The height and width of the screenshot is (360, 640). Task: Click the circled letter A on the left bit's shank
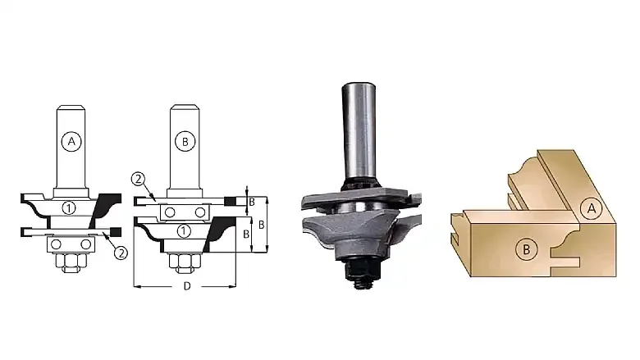pyautogui.click(x=71, y=142)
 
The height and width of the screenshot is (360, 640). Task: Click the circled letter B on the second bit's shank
pyautogui.click(x=185, y=142)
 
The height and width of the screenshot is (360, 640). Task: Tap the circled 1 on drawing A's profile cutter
pyautogui.click(x=69, y=208)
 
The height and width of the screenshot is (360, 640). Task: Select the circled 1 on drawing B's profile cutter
pyautogui.click(x=184, y=231)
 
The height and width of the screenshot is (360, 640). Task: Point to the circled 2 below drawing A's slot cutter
pyautogui.click(x=121, y=253)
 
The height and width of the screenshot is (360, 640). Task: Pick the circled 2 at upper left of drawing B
pyautogui.click(x=139, y=179)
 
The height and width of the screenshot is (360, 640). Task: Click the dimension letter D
pyautogui.click(x=187, y=286)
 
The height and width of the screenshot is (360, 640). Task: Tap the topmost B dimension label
pyautogui.click(x=252, y=202)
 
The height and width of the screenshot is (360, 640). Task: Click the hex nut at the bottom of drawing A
pyautogui.click(x=71, y=263)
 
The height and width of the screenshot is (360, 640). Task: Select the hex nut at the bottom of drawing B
pyautogui.click(x=185, y=263)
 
